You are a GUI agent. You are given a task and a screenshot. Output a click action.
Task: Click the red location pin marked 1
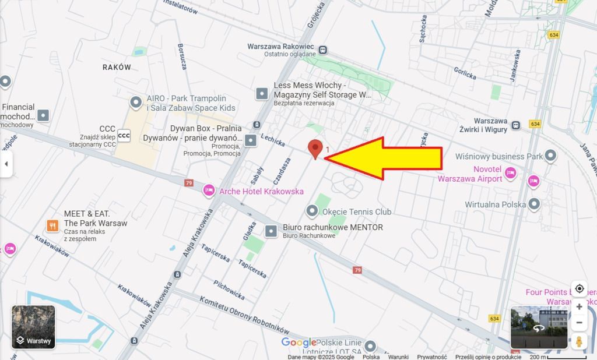pyautogui.click(x=315, y=149)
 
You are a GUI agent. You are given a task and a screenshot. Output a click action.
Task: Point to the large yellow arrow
pyautogui.click(x=388, y=158)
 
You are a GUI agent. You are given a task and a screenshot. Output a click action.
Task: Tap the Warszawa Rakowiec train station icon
pyautogui.click(x=323, y=51)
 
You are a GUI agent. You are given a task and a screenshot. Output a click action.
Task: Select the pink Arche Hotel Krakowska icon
pyautogui.click(x=209, y=190)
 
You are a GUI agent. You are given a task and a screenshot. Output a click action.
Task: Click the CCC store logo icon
pyautogui.click(x=124, y=135)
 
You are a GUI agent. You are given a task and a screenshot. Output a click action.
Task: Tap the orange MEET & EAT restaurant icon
pyautogui.click(x=52, y=225)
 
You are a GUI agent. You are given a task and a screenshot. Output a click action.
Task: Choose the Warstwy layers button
pyautogui.click(x=33, y=327)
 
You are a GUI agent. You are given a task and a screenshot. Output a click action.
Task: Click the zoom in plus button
pyautogui.click(x=579, y=306)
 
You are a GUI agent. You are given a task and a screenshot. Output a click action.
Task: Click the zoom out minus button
pyautogui.click(x=579, y=323)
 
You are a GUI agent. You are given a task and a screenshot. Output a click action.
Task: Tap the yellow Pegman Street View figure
pyautogui.click(x=579, y=341)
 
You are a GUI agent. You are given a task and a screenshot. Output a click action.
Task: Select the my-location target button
pyautogui.click(x=579, y=288)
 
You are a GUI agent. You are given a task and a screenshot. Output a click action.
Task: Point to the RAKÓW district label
pyautogui.click(x=117, y=67)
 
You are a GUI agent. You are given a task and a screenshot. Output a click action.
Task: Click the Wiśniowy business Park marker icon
pyautogui.click(x=550, y=156)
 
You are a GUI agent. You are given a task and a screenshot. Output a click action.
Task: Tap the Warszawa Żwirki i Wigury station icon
pyautogui.click(x=516, y=125)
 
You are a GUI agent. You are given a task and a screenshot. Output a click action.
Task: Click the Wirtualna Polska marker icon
pyautogui.click(x=533, y=204)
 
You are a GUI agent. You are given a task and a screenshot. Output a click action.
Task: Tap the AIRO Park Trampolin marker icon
pyautogui.click(x=136, y=103)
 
